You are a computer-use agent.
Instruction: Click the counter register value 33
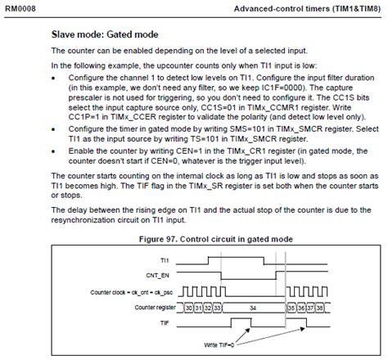(219, 307)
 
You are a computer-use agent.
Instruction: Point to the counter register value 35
(291, 307)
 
